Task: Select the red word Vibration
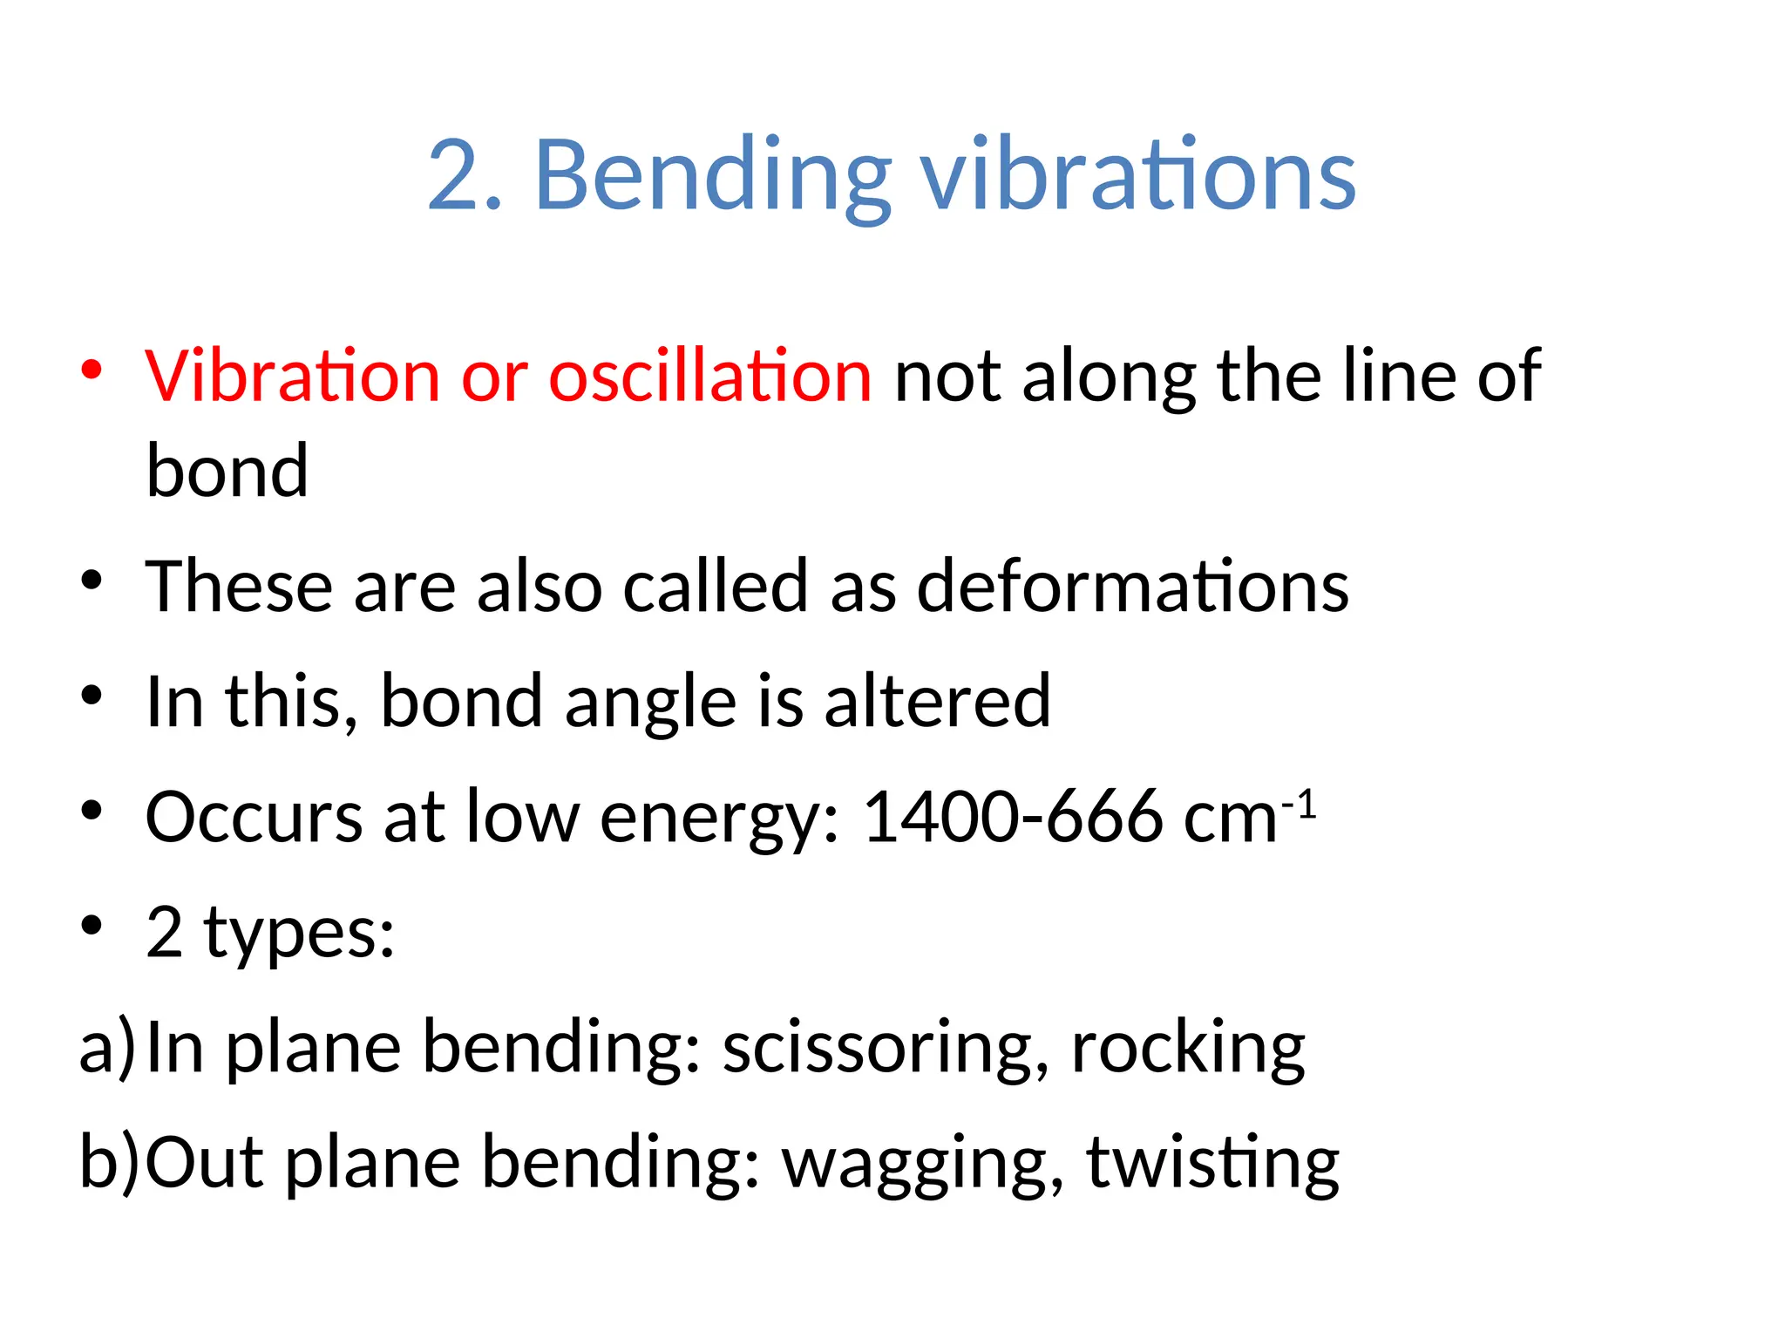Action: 293,377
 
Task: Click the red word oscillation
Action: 709,377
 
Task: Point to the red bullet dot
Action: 91,370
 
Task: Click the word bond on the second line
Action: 227,472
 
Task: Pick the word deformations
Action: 1132,587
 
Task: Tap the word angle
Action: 650,703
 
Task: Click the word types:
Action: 299,934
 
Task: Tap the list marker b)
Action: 109,1164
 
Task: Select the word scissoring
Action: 886,1049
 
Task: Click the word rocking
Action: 1188,1049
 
